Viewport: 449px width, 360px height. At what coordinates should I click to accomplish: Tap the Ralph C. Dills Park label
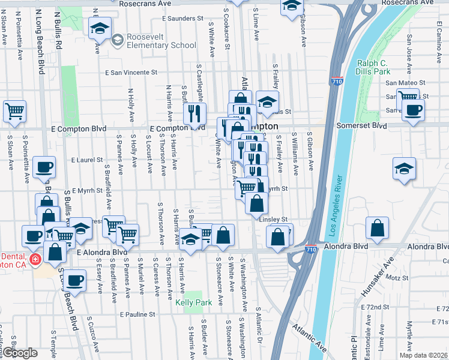(x=374, y=67)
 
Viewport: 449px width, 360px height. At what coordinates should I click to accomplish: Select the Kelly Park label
(x=193, y=303)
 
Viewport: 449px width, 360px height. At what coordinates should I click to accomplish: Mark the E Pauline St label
(x=137, y=314)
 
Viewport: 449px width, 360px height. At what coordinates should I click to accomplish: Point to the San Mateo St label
(x=405, y=83)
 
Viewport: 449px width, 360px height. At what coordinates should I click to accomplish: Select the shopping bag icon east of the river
(x=377, y=229)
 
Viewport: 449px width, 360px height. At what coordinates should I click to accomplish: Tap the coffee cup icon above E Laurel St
(x=44, y=167)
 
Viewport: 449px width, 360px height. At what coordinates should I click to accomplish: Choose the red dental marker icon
(x=35, y=259)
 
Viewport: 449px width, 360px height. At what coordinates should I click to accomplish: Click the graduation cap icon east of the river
(x=405, y=168)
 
